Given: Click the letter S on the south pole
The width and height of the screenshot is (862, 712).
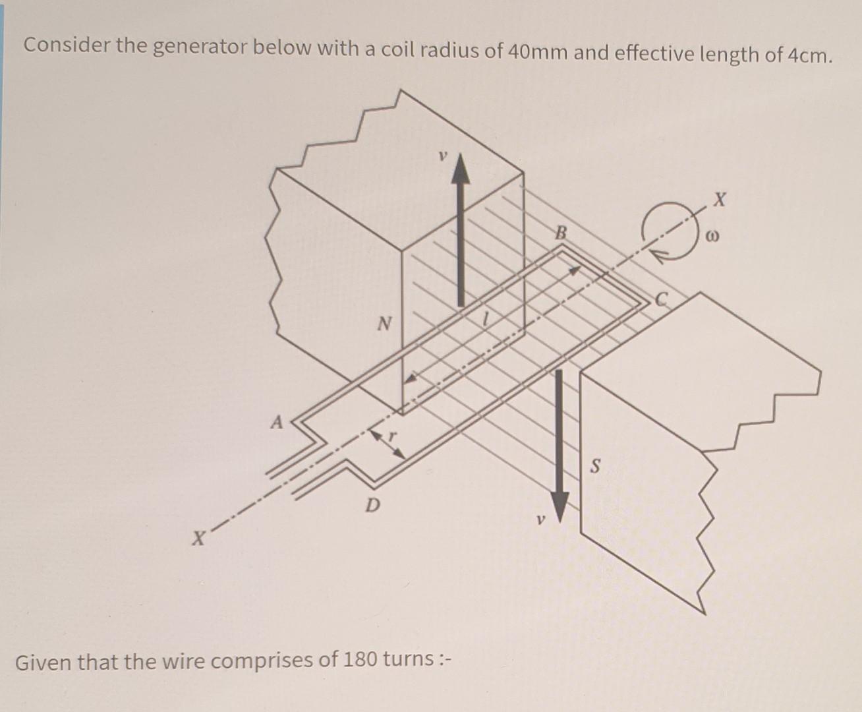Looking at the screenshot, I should click(595, 467).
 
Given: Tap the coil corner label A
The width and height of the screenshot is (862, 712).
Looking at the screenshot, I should click(277, 421).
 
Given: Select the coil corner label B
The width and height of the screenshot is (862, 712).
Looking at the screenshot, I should click(561, 233).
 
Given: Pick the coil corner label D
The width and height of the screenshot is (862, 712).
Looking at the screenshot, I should click(372, 506).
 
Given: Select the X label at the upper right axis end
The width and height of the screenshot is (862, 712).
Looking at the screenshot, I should click(720, 198).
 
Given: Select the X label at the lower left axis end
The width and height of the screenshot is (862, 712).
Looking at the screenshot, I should click(196, 538).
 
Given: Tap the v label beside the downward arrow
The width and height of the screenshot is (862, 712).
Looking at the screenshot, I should click(540, 520).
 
